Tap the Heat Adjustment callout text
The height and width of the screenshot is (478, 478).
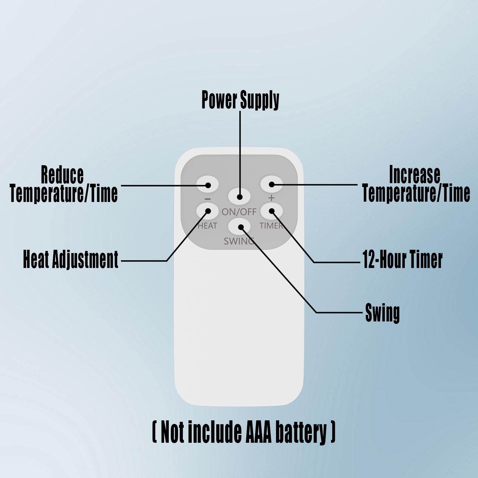[x=71, y=259]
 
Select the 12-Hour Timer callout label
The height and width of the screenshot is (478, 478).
[x=402, y=259]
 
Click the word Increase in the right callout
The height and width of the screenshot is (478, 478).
[x=414, y=174]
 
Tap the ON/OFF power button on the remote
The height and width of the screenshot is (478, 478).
[x=239, y=196]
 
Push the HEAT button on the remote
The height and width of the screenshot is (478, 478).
[x=208, y=211]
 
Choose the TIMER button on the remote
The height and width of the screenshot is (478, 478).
[x=271, y=211]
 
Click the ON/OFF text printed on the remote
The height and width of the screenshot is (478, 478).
[x=239, y=212]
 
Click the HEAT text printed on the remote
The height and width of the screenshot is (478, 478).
[x=207, y=226]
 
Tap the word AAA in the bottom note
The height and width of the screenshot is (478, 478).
[x=258, y=432]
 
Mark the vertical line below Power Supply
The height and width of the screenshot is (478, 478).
[x=240, y=149]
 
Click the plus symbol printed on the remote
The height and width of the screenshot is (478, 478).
[x=271, y=198]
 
